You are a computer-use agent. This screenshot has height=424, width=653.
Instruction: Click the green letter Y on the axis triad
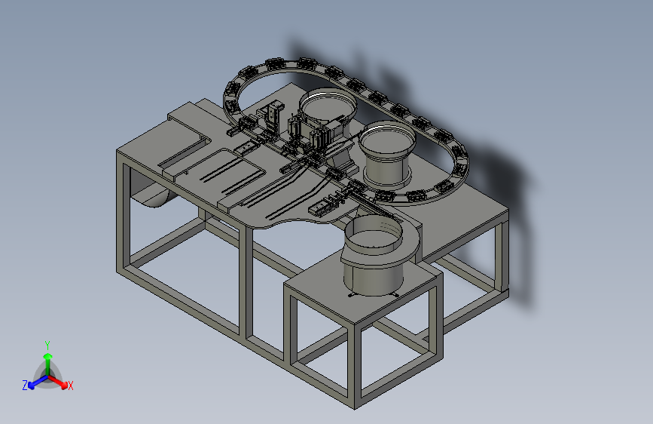click(47, 346)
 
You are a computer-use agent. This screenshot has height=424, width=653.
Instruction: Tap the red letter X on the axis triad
click(70, 386)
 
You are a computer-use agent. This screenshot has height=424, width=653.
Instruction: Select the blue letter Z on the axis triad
click(25, 386)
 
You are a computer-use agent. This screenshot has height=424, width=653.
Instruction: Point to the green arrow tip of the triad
click(48, 356)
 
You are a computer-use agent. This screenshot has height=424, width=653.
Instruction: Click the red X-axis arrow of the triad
click(57, 382)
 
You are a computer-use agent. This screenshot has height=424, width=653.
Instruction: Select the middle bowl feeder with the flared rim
click(387, 152)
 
